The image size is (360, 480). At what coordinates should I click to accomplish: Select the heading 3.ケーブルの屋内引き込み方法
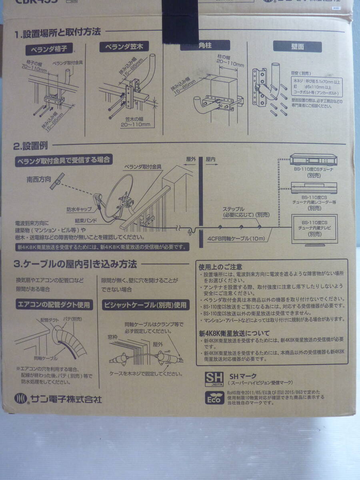[x=75, y=264]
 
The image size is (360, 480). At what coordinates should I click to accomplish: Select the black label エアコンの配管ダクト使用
[x=53, y=305]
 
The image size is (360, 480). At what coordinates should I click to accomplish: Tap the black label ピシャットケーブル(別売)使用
[x=145, y=305]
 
